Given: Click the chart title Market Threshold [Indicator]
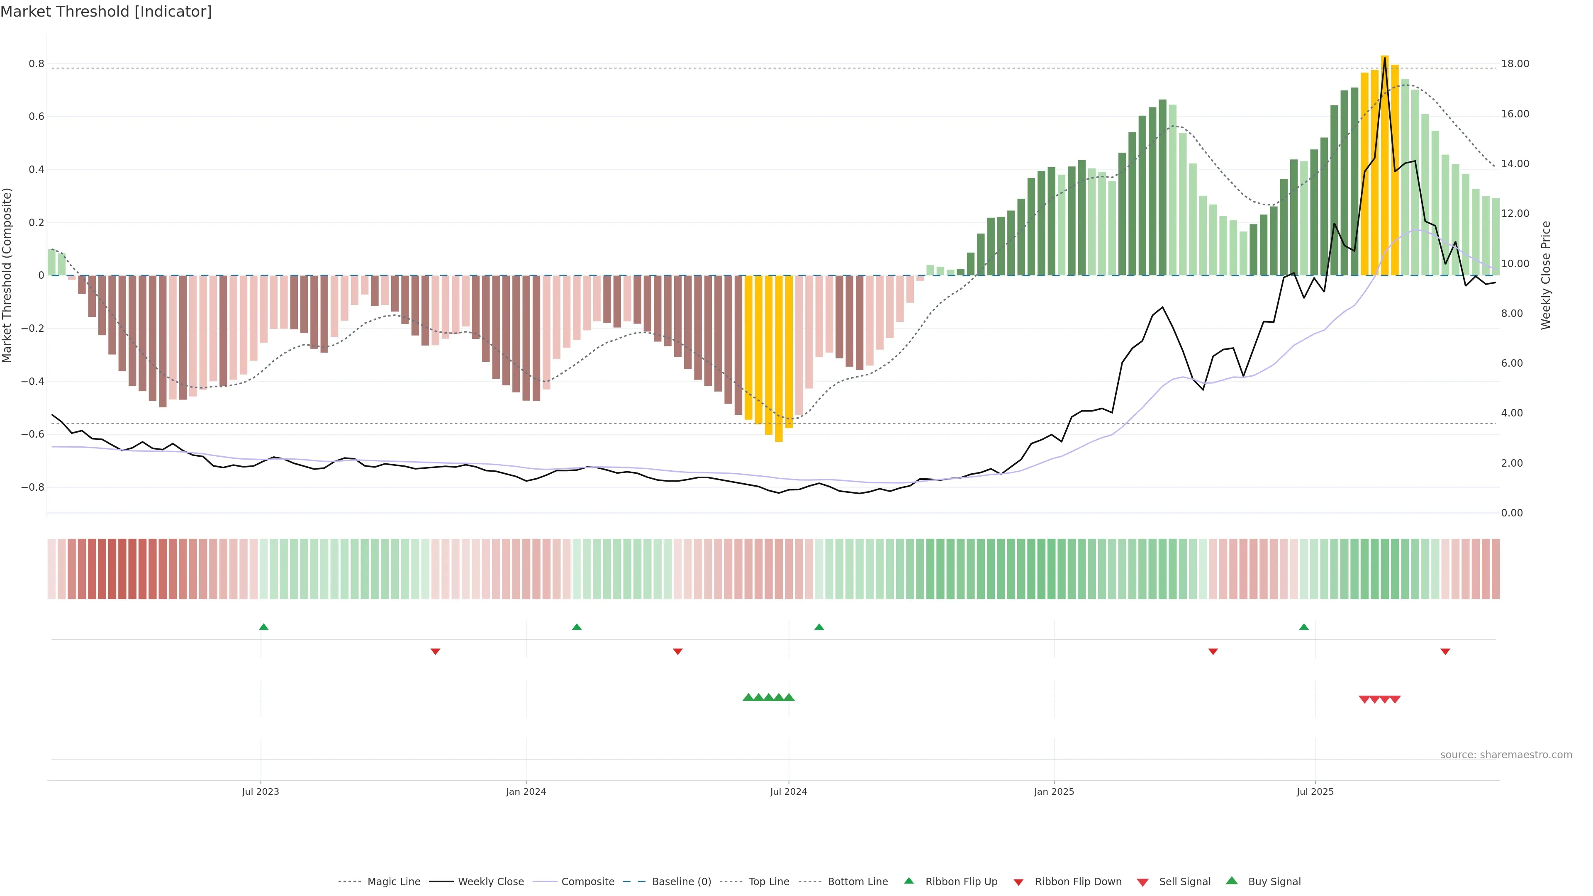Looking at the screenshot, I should click(x=106, y=12).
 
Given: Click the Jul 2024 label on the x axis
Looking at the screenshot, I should click(x=789, y=791).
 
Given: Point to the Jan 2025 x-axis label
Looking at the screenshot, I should click(x=1054, y=791).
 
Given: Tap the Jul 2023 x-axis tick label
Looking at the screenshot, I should click(x=261, y=791).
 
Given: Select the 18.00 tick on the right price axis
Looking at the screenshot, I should click(x=1515, y=64).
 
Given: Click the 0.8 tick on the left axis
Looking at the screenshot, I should click(x=37, y=64).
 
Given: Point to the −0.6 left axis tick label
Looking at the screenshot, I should click(x=33, y=434).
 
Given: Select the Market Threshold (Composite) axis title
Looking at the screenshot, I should click(x=7, y=275).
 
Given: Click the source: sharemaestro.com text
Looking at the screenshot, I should click(x=1506, y=755).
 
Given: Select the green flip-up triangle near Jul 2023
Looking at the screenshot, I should click(x=263, y=627).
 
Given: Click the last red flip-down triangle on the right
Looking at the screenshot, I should click(x=1445, y=651).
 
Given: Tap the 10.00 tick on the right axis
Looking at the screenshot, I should click(x=1515, y=263).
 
